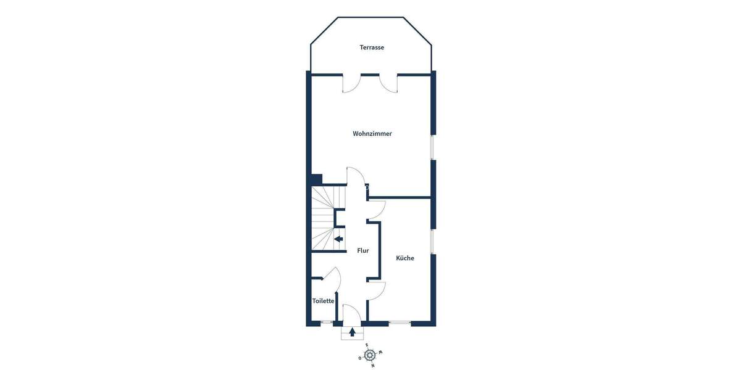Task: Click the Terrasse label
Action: click(x=372, y=47)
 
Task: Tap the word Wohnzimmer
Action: click(x=372, y=134)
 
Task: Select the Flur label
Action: click(x=363, y=251)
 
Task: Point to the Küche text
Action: click(x=406, y=258)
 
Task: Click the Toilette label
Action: click(x=324, y=301)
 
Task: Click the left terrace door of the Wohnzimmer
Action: click(x=350, y=83)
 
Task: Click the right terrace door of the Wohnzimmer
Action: click(x=389, y=83)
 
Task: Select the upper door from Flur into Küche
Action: click(x=377, y=210)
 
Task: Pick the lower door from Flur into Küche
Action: click(x=377, y=290)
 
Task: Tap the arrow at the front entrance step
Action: click(x=353, y=332)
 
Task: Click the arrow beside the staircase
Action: click(x=338, y=239)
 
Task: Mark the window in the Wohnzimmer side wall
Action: click(x=433, y=147)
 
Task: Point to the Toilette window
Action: click(x=327, y=323)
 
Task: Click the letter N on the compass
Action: click(x=373, y=366)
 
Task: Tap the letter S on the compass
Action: click(x=367, y=345)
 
